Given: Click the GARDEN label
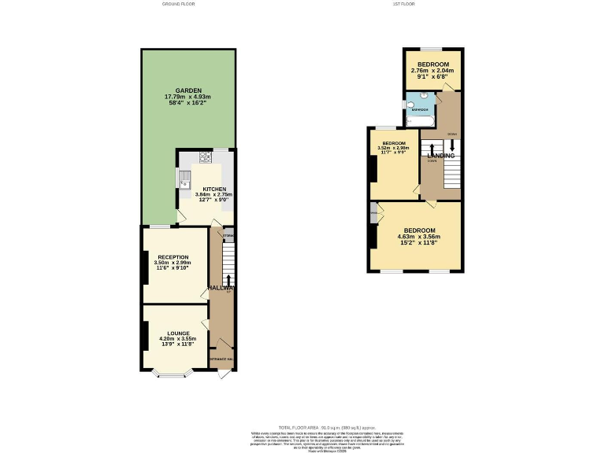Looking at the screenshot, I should click(x=183, y=90).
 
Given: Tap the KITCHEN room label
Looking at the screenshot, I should click(x=214, y=190).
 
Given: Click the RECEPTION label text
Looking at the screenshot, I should click(x=173, y=257).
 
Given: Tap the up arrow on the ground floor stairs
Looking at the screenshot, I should click(x=229, y=281).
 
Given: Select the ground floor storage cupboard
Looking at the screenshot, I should click(x=228, y=235).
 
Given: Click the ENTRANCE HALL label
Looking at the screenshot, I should click(x=223, y=358).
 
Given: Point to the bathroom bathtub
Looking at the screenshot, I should click(x=418, y=121).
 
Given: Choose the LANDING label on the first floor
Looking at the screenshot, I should click(x=441, y=156).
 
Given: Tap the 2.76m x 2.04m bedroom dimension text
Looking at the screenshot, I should click(x=432, y=70).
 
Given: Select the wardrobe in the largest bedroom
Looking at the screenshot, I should click(x=373, y=212).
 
